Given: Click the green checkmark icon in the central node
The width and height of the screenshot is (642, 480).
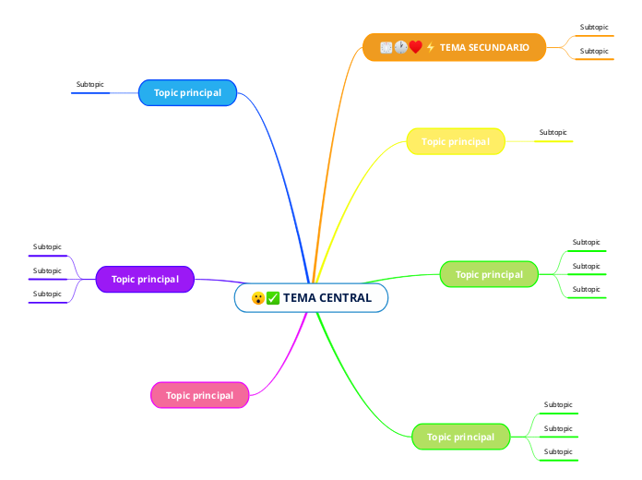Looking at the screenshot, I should pyautogui.click(x=273, y=298).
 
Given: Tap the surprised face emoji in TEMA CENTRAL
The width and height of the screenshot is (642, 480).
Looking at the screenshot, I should pyautogui.click(x=258, y=298).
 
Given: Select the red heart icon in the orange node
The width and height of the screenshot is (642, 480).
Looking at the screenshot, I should pyautogui.click(x=415, y=47).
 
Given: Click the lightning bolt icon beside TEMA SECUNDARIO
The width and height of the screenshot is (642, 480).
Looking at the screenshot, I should pyautogui.click(x=430, y=47).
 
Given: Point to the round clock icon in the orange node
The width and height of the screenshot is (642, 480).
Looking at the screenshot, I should pyautogui.click(x=401, y=47).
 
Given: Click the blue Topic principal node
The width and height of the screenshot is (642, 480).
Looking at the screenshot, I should pyautogui.click(x=187, y=92).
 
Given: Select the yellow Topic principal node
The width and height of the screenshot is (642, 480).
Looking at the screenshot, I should pyautogui.click(x=456, y=141).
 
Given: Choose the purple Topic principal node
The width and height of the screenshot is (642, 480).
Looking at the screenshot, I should pyautogui.click(x=145, y=279).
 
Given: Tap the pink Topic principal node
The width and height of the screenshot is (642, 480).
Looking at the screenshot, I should pyautogui.click(x=199, y=395).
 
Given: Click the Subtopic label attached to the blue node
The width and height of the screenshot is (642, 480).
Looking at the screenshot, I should pyautogui.click(x=90, y=85).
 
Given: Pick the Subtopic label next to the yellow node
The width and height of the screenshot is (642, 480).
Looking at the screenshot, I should pyautogui.click(x=553, y=133).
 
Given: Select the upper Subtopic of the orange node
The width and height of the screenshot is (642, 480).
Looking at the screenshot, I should pyautogui.click(x=594, y=28).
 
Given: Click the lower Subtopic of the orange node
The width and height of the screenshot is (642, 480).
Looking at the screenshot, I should pyautogui.click(x=594, y=51).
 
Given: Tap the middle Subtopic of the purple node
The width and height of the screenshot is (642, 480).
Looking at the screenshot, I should pyautogui.click(x=47, y=270).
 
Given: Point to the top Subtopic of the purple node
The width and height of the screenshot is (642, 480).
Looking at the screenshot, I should pyautogui.click(x=47, y=247).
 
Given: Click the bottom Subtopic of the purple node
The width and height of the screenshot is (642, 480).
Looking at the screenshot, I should pyautogui.click(x=47, y=294).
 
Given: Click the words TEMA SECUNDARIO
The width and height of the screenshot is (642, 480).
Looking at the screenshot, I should pyautogui.click(x=484, y=47).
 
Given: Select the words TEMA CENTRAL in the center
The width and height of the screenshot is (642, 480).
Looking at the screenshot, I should pyautogui.click(x=327, y=298).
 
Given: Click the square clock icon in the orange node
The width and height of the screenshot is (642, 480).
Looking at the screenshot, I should pyautogui.click(x=386, y=47).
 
